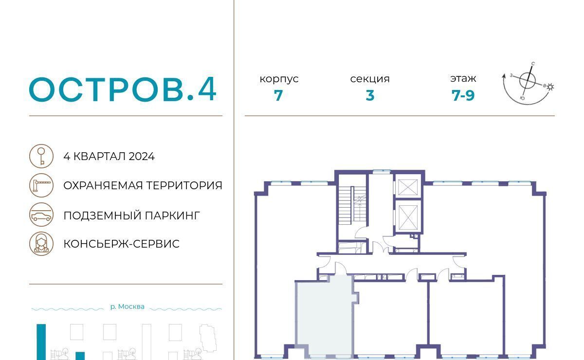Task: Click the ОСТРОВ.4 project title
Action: tap(123, 89)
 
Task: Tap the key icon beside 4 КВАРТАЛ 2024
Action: tap(41, 156)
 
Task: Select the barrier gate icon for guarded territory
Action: tap(41, 185)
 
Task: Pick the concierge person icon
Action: tap(41, 244)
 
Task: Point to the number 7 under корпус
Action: tap(278, 95)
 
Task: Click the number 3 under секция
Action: tap(370, 95)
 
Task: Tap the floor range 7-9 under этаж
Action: tap(463, 95)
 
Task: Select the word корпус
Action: tap(279, 79)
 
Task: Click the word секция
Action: tap(370, 79)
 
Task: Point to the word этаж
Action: tap(463, 78)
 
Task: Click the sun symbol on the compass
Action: tap(550, 87)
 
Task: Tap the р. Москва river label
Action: tap(127, 306)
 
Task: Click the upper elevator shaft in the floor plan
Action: tap(408, 187)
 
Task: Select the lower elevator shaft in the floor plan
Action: tap(408, 217)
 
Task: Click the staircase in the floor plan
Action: tap(352, 205)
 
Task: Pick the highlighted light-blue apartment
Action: tap(325, 317)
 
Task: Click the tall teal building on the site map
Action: tap(41, 342)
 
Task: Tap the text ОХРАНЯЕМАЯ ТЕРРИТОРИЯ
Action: tap(143, 186)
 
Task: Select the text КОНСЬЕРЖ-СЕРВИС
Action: tap(122, 244)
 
